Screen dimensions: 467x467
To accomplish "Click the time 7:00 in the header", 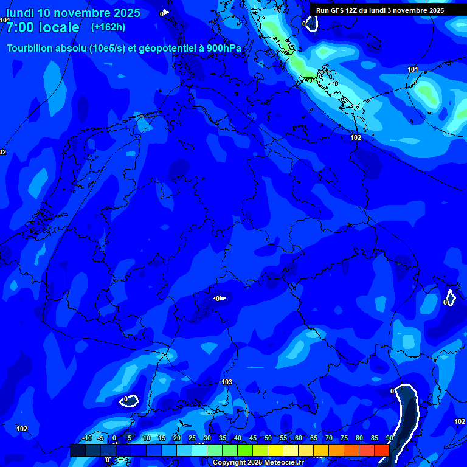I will (x=24, y=27).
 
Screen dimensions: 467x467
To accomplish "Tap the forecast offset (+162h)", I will (x=108, y=27).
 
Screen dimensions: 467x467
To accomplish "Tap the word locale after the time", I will (x=61, y=27).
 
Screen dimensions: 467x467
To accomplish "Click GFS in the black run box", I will (x=338, y=10).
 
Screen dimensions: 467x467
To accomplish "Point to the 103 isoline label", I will (x=227, y=382).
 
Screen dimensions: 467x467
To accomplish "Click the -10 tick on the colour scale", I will (x=86, y=438).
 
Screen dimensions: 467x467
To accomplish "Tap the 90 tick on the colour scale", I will (x=389, y=438).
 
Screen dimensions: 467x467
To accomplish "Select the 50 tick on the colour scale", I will (x=268, y=438).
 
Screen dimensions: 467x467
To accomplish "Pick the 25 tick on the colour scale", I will (x=192, y=438).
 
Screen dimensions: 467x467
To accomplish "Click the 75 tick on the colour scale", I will (x=344, y=438).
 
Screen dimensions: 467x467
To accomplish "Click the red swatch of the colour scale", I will (x=381, y=450).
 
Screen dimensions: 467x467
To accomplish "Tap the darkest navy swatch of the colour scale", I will (x=78, y=450).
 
